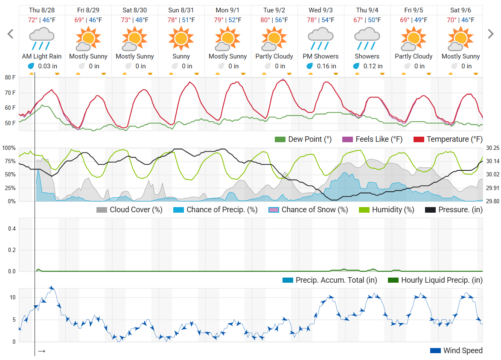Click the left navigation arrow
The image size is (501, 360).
pos(11,34)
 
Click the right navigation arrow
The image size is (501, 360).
pos(491,34)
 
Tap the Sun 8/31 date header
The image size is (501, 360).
pos(181,10)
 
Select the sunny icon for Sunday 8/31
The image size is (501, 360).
pos(181,38)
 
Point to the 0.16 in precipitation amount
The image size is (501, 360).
pos(326,66)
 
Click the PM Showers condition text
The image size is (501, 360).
pos(320,56)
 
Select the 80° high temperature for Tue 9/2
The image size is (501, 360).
pos(265,20)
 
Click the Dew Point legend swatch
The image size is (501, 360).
pos(280,139)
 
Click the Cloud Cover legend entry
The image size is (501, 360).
pos(130,210)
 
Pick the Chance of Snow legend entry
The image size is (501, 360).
pos(308,210)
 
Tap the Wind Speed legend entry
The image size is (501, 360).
pos(457,351)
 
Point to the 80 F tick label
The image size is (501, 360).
pos(11,77)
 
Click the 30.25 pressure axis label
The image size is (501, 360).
pos(492,148)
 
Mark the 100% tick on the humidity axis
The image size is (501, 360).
pos(9,148)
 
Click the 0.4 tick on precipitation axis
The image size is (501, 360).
pos(12,229)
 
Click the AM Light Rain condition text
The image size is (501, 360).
pos(42,56)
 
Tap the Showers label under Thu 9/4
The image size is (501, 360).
pos(367,56)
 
